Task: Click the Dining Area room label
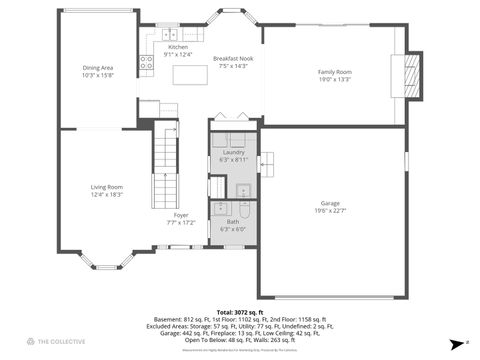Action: [x=97, y=67]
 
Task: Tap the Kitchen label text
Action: [x=177, y=47]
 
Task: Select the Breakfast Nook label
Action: [x=231, y=59]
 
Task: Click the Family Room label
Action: [x=334, y=72]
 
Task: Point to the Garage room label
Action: [x=329, y=203]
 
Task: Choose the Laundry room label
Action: [x=232, y=152]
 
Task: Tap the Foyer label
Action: [x=181, y=215]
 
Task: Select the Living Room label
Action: [x=107, y=187]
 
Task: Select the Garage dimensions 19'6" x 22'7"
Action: [x=329, y=210]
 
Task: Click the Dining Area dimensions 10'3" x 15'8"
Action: [x=97, y=74]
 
